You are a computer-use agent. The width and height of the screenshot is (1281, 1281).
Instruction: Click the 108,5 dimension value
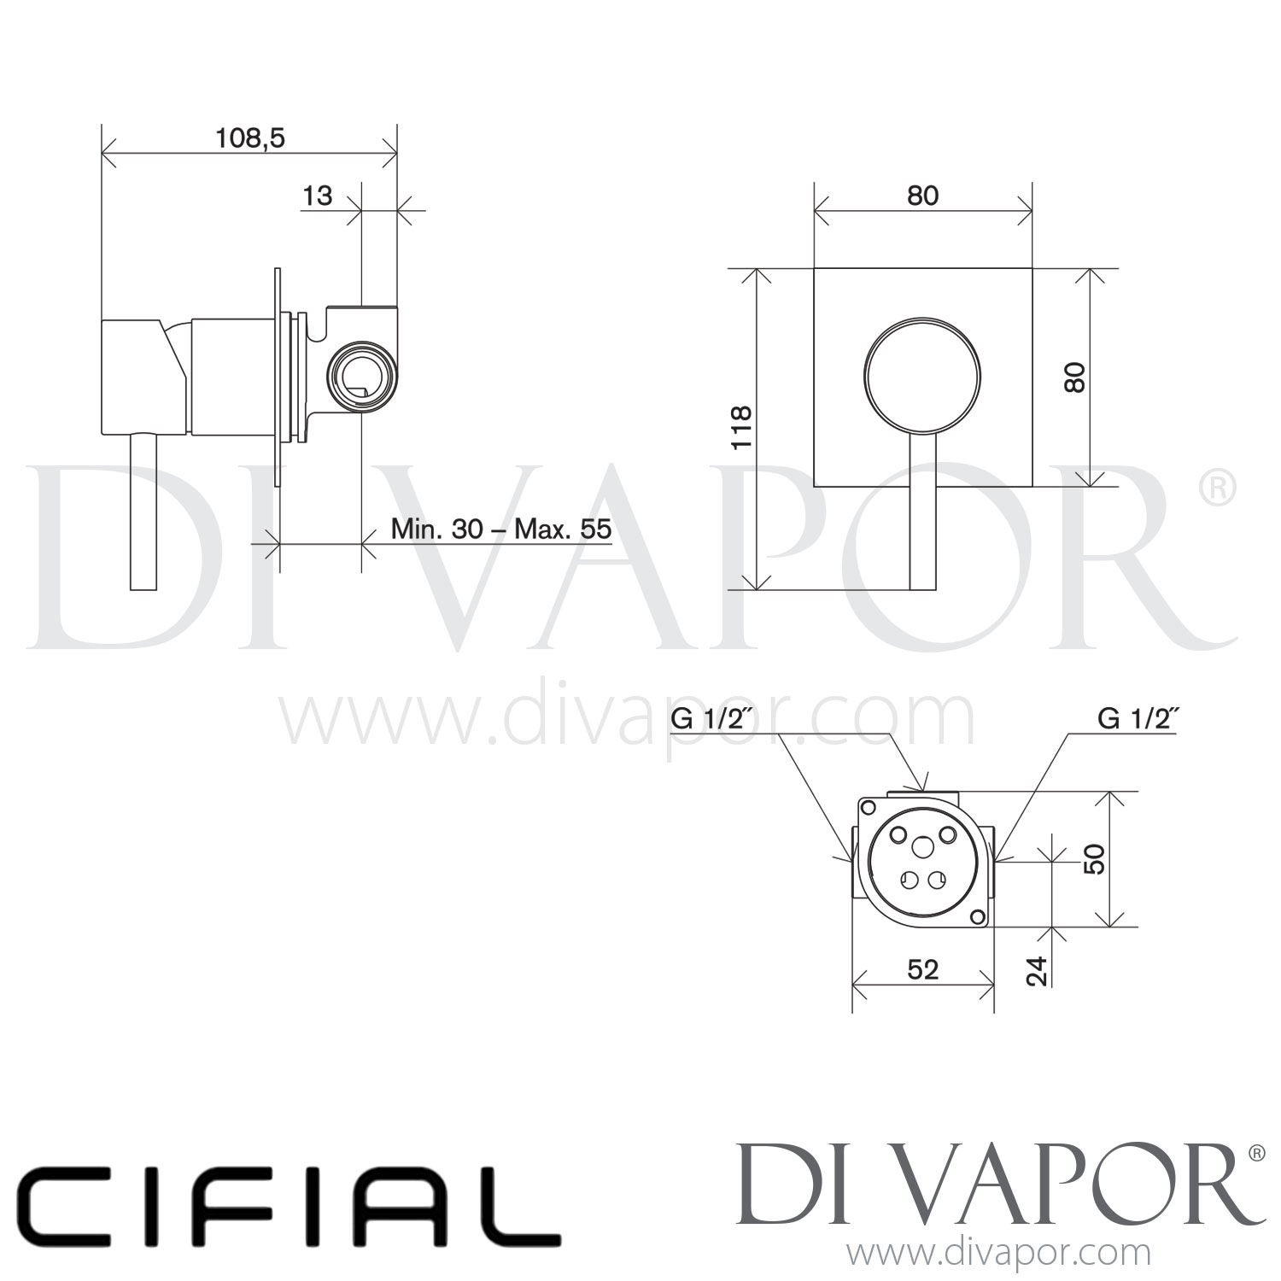click(249, 137)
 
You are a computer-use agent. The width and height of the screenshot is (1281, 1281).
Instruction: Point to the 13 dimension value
click(317, 196)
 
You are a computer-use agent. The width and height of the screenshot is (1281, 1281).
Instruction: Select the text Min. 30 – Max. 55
click(501, 529)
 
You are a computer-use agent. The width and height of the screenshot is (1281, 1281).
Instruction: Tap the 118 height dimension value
click(741, 427)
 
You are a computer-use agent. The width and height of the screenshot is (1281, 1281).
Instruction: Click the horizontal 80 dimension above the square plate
click(922, 196)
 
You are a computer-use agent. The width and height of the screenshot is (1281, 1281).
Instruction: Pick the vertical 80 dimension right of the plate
click(1076, 377)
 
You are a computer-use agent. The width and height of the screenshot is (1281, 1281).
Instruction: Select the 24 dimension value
click(1036, 970)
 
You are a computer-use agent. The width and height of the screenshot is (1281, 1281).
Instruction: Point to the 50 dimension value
click(1094, 859)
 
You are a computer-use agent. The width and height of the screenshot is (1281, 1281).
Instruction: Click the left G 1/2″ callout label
click(711, 719)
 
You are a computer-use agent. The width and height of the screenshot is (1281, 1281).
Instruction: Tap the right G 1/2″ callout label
click(1138, 719)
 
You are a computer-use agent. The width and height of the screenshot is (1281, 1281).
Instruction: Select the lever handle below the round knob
click(922, 512)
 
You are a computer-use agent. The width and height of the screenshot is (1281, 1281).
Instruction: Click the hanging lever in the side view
click(143, 512)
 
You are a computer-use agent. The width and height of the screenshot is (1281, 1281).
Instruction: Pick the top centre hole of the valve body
click(923, 846)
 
